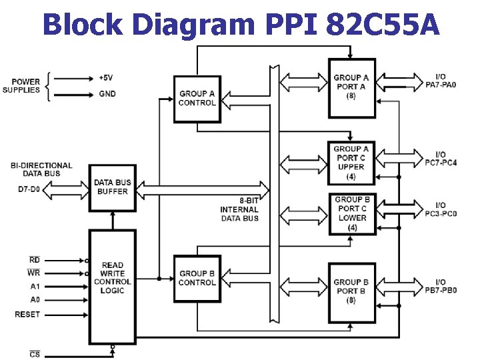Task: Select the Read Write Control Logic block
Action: [x=112, y=278]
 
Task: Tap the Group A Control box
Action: [x=197, y=99]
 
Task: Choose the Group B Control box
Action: [x=197, y=278]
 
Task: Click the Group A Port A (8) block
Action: [x=351, y=87]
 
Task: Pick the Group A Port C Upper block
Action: [x=351, y=163]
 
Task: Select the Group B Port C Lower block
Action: [x=352, y=213]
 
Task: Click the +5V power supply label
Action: [x=106, y=77]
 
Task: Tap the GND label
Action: [x=107, y=94]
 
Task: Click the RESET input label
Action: [x=27, y=314]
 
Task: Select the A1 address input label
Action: [x=35, y=287]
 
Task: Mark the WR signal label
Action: [x=33, y=273]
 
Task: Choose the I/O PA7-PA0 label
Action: [x=441, y=81]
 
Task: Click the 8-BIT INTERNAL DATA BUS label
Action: [x=239, y=209]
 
